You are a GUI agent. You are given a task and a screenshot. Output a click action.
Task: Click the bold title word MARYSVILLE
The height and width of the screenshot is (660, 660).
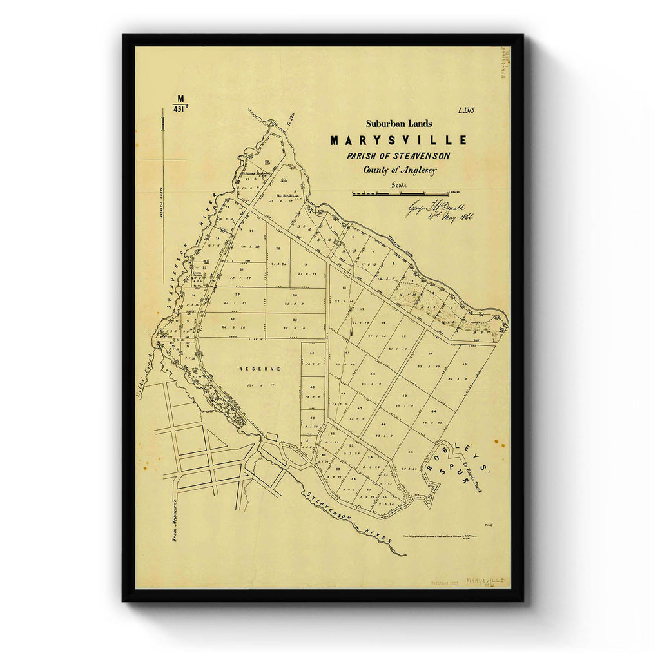click(x=398, y=140)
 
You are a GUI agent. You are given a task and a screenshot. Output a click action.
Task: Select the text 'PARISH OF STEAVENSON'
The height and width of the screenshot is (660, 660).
click(x=398, y=156)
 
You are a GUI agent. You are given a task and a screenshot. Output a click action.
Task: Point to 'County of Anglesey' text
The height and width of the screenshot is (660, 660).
click(x=399, y=170)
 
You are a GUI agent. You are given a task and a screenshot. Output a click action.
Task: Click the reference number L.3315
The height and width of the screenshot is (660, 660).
click(x=466, y=110)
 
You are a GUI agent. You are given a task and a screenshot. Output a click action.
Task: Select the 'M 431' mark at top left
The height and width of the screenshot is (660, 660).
click(x=180, y=104)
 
